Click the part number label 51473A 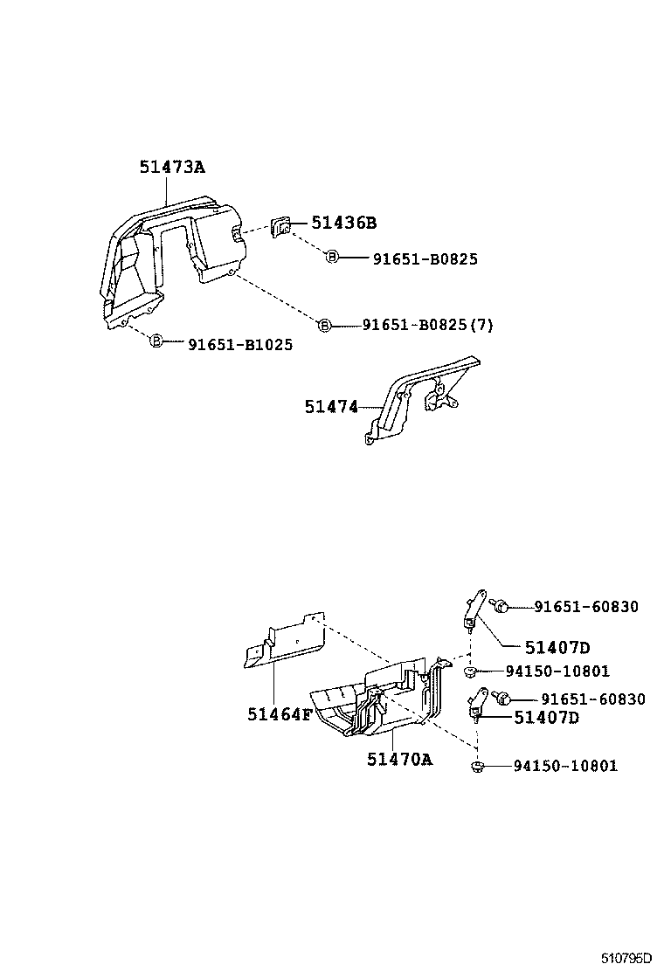(x=171, y=166)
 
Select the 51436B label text (x=343, y=224)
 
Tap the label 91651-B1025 (x=240, y=345)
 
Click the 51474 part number (x=331, y=406)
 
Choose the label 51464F (x=279, y=714)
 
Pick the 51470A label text (x=399, y=759)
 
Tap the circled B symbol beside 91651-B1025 (x=157, y=341)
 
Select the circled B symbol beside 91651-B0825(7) (x=324, y=325)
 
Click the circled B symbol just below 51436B (x=332, y=257)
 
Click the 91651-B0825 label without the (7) (x=425, y=259)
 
